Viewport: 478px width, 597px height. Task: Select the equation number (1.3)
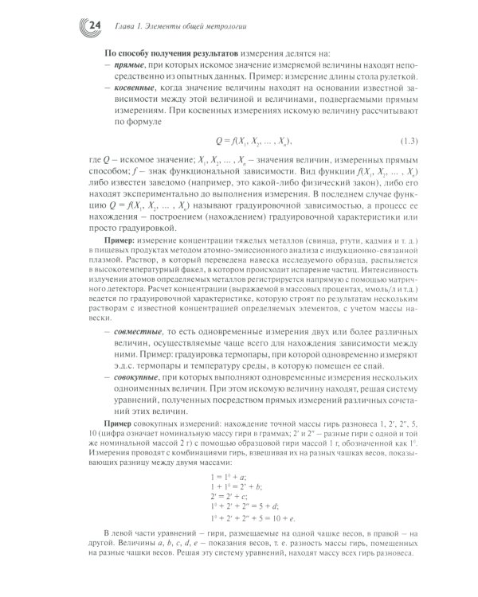tap(414, 142)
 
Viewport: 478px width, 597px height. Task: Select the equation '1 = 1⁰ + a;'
tap(224, 475)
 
